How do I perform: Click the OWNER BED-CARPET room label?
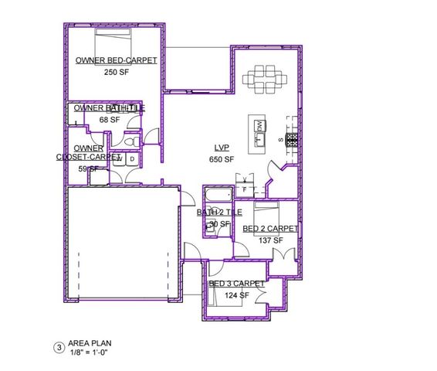[116, 60]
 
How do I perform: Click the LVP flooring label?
[222, 148]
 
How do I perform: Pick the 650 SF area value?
[222, 159]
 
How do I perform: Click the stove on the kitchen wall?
[291, 141]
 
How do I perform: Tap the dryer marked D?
[132, 160]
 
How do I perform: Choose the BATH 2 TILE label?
[219, 212]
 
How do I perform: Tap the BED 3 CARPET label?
[236, 284]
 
